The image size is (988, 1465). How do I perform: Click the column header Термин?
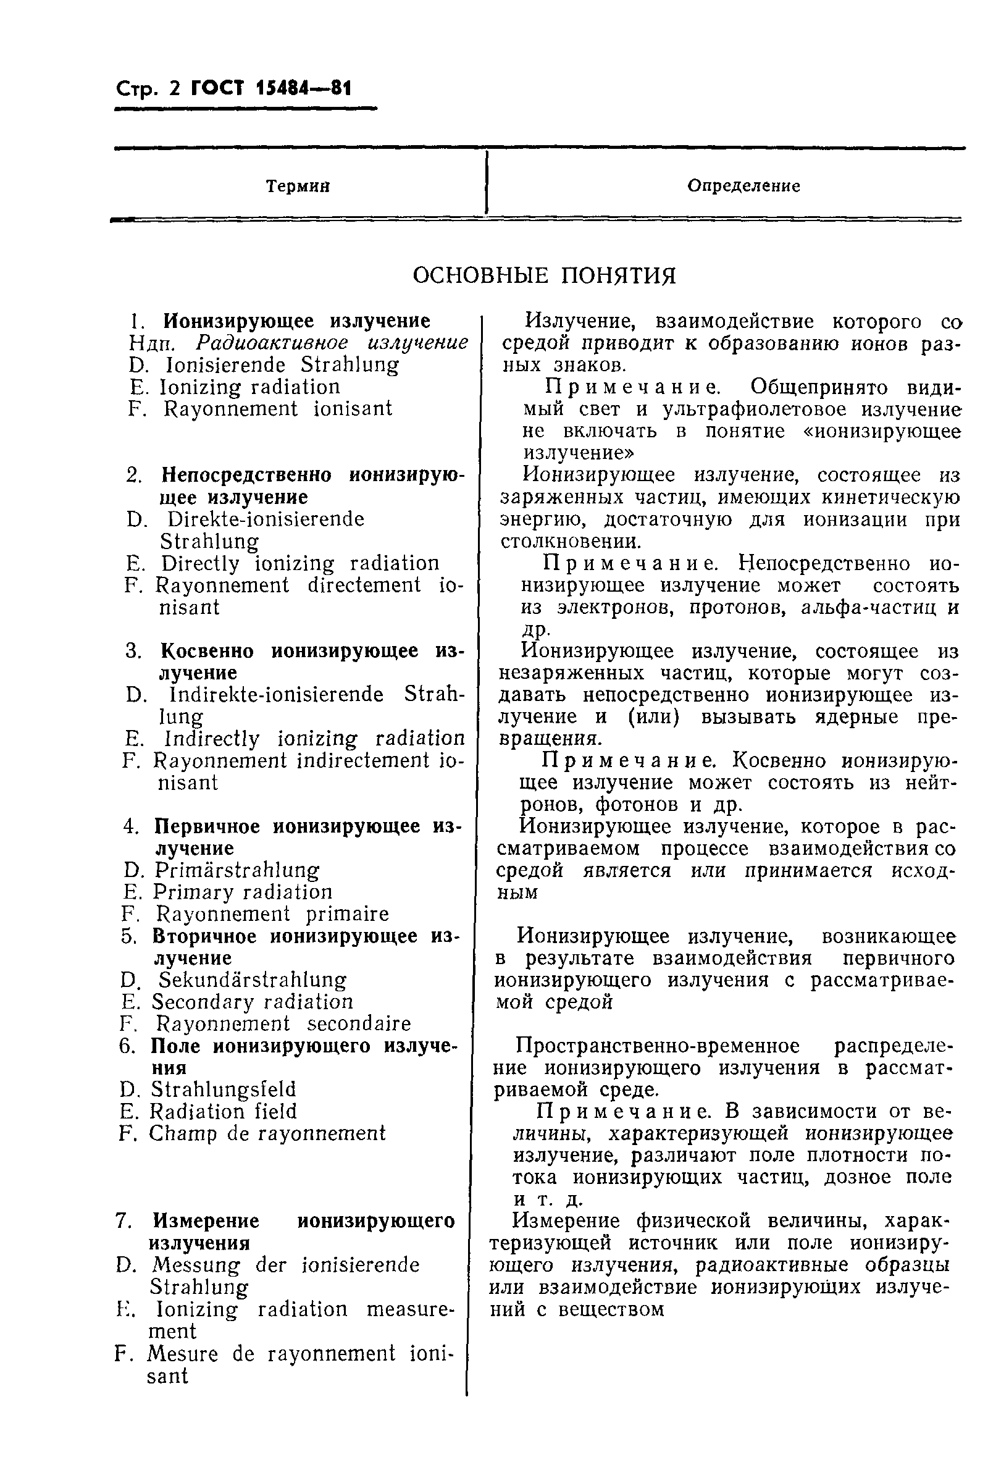(298, 187)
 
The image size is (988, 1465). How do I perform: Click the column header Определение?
(743, 186)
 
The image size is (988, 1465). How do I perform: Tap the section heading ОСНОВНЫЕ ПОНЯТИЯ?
(544, 276)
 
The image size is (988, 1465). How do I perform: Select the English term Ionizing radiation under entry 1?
(249, 387)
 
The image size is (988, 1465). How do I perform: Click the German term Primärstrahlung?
(237, 870)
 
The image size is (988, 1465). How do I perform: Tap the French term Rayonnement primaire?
(272, 913)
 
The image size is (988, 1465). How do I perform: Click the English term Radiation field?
(222, 1111)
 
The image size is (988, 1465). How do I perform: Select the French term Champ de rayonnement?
(267, 1133)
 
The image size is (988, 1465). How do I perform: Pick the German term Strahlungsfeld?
(222, 1089)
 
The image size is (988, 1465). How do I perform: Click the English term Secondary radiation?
(252, 1002)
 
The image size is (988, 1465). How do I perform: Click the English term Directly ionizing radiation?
(300, 563)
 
